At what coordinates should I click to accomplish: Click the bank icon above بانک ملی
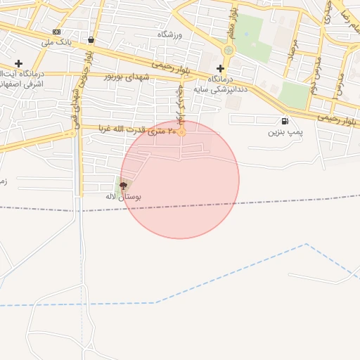point(56,32)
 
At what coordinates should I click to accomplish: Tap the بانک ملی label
point(56,42)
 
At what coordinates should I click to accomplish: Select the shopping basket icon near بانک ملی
point(91,40)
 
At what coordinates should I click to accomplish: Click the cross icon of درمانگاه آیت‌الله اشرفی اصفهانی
point(18,64)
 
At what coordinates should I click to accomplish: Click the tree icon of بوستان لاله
point(124,186)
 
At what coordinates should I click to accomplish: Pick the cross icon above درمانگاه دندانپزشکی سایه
point(221,68)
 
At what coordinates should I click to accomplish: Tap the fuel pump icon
point(284,121)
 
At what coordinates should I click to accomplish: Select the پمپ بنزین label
point(285,131)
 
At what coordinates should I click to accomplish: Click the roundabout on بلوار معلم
point(228,50)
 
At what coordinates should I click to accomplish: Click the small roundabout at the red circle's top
point(182,131)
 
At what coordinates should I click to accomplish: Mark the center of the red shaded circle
point(180,180)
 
